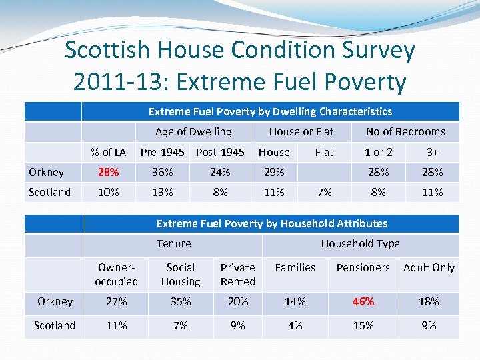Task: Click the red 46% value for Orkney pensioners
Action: click(364, 301)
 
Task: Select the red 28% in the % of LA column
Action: click(109, 172)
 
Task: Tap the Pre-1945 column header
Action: click(162, 152)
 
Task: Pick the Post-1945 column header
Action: click(220, 152)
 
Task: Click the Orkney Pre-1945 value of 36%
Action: click(162, 172)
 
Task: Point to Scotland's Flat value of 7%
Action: click(324, 192)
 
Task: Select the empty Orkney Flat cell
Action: click(324, 172)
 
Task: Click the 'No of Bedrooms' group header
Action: click(405, 131)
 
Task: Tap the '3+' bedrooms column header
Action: click(432, 152)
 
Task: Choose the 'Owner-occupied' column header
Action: click(117, 274)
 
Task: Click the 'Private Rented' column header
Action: click(238, 274)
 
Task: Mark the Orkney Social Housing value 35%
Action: click(181, 301)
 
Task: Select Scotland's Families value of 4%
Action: click(295, 325)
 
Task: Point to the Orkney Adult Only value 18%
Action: click(429, 301)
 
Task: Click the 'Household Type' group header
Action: click(360, 243)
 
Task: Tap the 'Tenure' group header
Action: click(173, 243)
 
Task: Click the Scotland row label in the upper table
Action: click(49, 192)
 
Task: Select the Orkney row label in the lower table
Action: click(55, 301)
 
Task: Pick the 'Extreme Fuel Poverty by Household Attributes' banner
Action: click(271, 223)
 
